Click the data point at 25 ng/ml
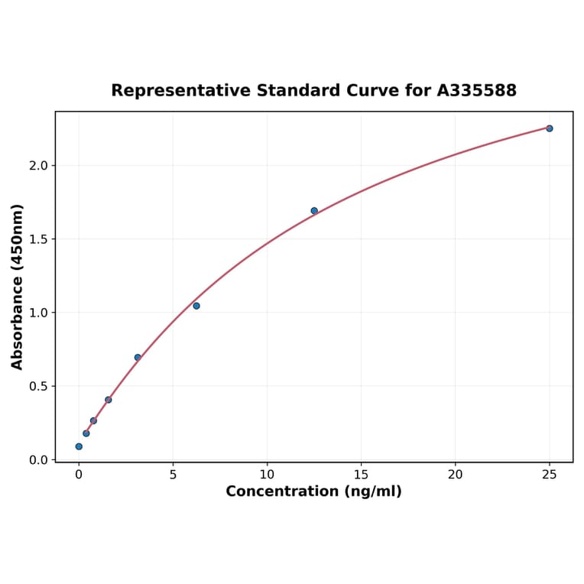coord(549,128)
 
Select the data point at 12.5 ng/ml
coord(314,211)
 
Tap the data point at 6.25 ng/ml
coord(196,306)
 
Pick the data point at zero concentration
coord(79,446)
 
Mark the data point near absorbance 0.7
coord(138,358)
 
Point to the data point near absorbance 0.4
coord(109,400)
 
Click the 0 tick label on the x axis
coord(79,475)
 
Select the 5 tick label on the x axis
coord(173,475)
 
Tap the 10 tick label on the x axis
coord(267,475)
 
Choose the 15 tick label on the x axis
coord(361,475)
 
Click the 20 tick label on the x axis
coord(455,475)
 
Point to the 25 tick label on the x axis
coord(549,475)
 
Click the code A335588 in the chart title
coord(477,91)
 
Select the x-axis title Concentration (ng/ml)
coord(313,492)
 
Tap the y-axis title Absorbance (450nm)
coord(18,287)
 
